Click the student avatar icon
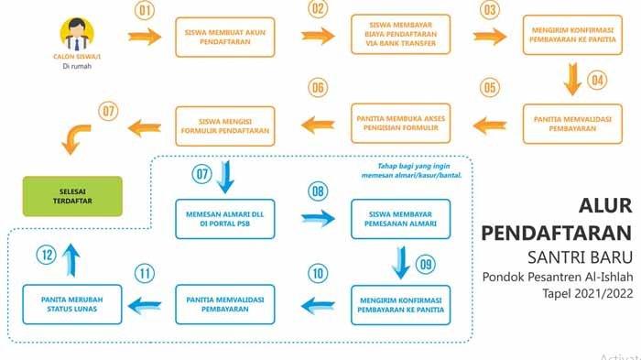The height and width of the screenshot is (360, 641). tap(76, 35)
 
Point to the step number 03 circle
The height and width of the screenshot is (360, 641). tap(491, 11)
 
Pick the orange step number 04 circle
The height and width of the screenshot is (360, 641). tap(598, 80)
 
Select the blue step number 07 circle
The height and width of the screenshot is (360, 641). tap(202, 173)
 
